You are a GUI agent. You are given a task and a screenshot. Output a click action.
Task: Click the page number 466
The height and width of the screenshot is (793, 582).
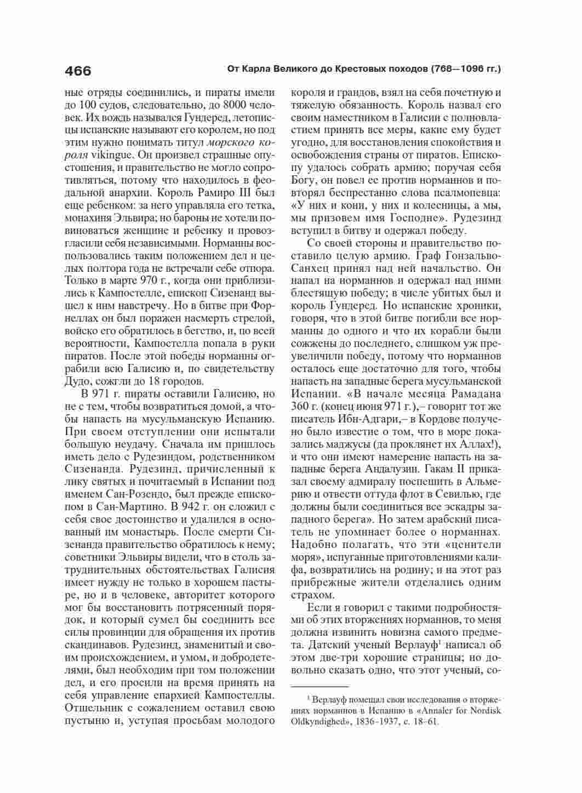[x=78, y=71]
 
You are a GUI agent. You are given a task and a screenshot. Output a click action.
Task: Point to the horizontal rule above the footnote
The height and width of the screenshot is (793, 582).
[x=319, y=686]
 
